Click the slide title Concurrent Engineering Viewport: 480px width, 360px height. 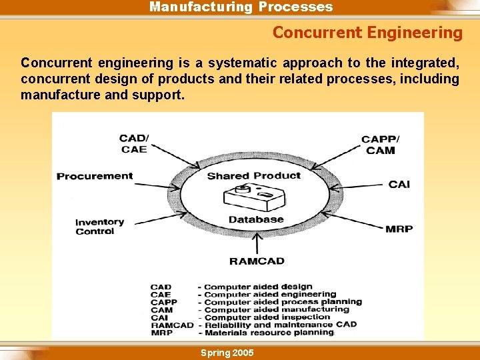point(367,32)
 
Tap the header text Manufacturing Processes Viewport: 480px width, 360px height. point(241,7)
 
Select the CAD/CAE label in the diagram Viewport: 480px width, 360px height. point(134,144)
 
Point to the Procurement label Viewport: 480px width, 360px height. point(95,176)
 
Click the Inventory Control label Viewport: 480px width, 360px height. point(99,227)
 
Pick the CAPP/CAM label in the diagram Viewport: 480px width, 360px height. point(381,145)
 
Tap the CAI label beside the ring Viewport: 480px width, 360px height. point(399,183)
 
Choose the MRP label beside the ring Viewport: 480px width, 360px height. point(399,229)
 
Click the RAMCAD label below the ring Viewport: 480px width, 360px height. point(257,261)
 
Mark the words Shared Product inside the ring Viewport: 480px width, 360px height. point(254,176)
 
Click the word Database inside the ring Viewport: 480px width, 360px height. point(256,219)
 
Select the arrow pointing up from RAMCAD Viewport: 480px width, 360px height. point(257,243)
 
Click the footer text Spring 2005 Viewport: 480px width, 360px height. point(227,352)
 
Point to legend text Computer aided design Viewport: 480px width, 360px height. point(258,287)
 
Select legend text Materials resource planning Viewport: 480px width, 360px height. point(269,332)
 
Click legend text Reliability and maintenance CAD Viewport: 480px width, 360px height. point(280,325)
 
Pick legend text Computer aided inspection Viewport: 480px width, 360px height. point(267,317)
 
